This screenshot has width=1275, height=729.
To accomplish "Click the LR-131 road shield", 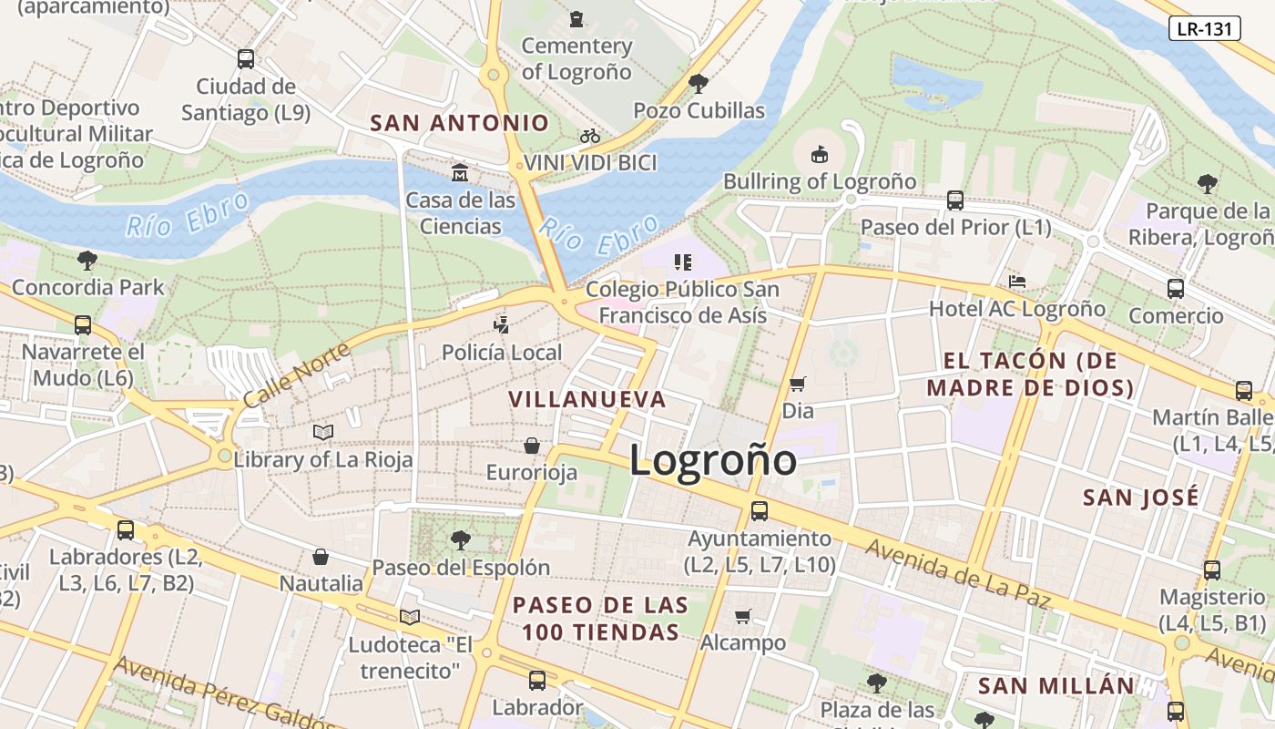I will (1204, 28).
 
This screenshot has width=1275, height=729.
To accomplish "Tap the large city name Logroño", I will (712, 459).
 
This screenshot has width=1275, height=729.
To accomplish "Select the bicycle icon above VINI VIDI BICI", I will (590, 136).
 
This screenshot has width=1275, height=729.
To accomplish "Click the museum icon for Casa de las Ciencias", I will (460, 172).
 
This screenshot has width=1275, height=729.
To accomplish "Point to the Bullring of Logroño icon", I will (819, 153).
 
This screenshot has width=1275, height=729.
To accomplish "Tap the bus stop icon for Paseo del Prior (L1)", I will (954, 200).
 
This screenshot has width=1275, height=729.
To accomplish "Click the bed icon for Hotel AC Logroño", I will (1016, 282).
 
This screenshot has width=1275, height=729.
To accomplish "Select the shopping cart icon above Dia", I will (797, 384).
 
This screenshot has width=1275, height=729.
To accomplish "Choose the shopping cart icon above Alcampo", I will (742, 616).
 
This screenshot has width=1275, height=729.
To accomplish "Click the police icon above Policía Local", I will (501, 324).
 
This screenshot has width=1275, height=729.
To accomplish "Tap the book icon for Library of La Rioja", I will (322, 432).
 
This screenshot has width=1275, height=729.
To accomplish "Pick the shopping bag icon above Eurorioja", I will (531, 446).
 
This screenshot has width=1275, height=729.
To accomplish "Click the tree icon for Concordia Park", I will (87, 261).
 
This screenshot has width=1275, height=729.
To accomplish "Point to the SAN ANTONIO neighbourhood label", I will (460, 123).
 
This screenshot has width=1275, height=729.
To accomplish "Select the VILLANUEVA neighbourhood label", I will (587, 399).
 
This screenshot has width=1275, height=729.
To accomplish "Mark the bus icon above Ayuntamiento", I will (759, 510).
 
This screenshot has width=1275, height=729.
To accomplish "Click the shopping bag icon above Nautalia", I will (321, 556).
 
